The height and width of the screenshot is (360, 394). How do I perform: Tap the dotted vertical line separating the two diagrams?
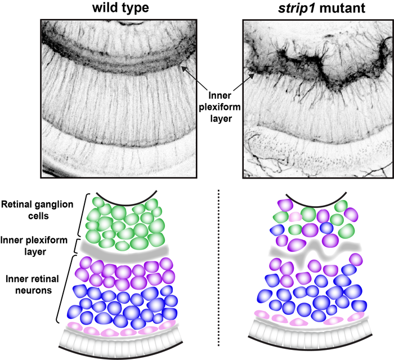[218, 270]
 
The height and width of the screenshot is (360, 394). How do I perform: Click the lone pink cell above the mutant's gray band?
[295, 217]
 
